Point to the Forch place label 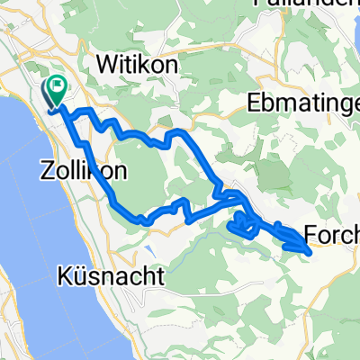point(332,236)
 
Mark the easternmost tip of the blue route point(311,253)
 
